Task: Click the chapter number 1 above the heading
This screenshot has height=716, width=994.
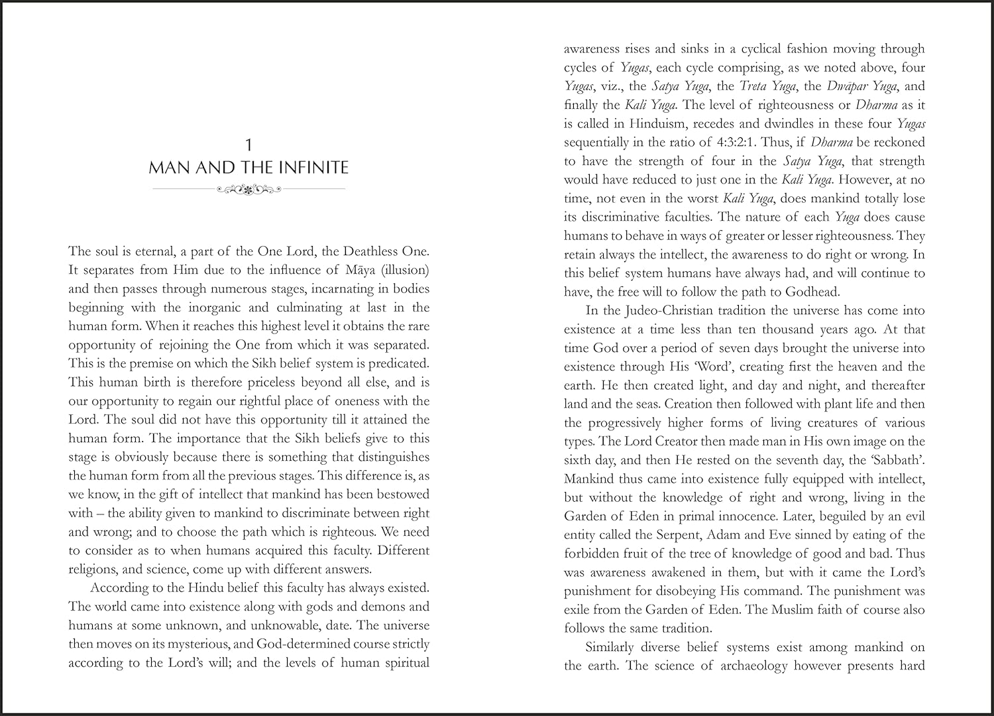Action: [x=248, y=145]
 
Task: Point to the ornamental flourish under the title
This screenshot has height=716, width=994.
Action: [x=248, y=190]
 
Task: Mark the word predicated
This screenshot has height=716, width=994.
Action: [x=398, y=363]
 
